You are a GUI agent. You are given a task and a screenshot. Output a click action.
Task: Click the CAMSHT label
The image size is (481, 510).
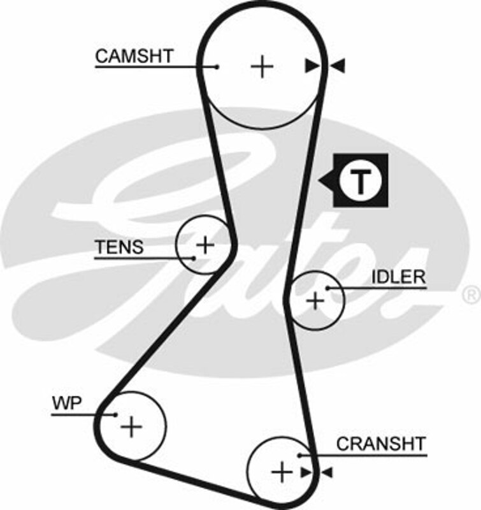[x=134, y=56]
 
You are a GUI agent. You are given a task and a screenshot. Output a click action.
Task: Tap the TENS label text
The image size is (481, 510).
[x=119, y=247]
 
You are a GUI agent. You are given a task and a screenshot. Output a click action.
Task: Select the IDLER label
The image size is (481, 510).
[x=399, y=277]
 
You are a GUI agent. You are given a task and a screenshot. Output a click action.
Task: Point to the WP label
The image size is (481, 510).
[x=65, y=403]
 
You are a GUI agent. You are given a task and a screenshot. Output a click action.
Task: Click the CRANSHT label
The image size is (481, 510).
[x=381, y=443]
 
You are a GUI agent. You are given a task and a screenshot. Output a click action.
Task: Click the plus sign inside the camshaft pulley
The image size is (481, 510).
[x=262, y=66]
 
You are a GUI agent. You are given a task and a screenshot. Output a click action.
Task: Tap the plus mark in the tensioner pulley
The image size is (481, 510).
[x=205, y=244]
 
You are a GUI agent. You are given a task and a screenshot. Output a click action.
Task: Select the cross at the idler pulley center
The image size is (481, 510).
[x=315, y=300]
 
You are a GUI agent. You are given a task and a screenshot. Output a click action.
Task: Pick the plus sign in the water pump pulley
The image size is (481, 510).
[x=132, y=425]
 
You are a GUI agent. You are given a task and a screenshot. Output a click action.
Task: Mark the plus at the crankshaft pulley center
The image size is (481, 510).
[x=281, y=472]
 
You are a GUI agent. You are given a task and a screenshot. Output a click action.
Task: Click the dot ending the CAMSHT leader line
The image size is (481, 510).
[x=218, y=66]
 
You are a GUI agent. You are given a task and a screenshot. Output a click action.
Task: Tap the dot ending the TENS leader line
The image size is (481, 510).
[x=194, y=258]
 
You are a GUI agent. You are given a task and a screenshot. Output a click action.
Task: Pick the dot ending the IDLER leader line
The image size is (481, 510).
[x=327, y=288]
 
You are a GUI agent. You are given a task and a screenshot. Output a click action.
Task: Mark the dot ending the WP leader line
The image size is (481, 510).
[x=115, y=414]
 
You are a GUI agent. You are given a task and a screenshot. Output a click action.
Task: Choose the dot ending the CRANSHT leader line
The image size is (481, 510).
[x=299, y=455]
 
